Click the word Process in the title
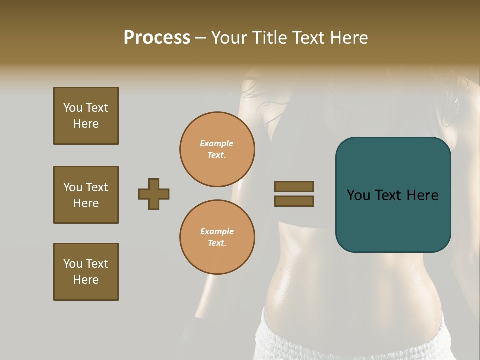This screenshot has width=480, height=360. coord(157,38)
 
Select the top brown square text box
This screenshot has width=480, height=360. coord(86,116)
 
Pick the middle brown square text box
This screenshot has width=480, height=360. coord(86,195)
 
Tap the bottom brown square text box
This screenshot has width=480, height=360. coord(86,272)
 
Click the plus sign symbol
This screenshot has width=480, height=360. coord(154,194)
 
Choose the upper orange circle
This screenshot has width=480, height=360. coord(217,149)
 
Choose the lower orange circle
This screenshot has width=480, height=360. coord(217,237)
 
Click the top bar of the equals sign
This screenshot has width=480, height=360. coord(294,186)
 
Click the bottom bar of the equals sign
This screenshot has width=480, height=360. coord(294,201)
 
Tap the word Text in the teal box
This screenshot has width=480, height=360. coord(391,195)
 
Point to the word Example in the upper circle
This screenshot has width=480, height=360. coord(217,144)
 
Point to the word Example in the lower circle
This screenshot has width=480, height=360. coord(217,231)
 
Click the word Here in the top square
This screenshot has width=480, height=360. coord(86,124)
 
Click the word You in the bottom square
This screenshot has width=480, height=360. coord(73,264)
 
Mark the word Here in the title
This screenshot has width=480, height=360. coord(348,38)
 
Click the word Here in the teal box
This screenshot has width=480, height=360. coord(423,195)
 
